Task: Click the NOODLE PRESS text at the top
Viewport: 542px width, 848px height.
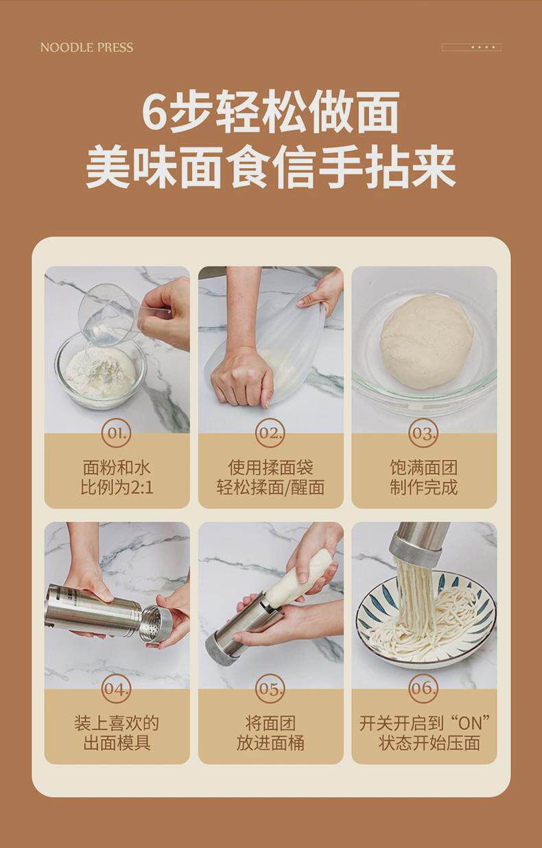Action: tap(86, 47)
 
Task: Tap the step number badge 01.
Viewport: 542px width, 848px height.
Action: tap(117, 433)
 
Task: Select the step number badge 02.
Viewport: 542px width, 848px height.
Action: tap(270, 433)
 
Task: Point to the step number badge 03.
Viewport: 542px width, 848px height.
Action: tap(423, 433)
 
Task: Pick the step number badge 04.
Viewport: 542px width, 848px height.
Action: tap(117, 689)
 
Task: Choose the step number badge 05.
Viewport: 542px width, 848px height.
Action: tap(270, 689)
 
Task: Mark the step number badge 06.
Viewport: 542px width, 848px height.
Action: tap(423, 689)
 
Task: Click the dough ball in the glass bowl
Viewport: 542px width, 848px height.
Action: tap(426, 341)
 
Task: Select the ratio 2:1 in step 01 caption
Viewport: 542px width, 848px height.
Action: tap(141, 487)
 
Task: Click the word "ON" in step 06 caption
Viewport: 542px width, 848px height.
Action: tap(470, 723)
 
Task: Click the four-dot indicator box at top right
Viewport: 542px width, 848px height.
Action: tap(471, 47)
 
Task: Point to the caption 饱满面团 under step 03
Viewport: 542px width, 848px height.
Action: tap(424, 467)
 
